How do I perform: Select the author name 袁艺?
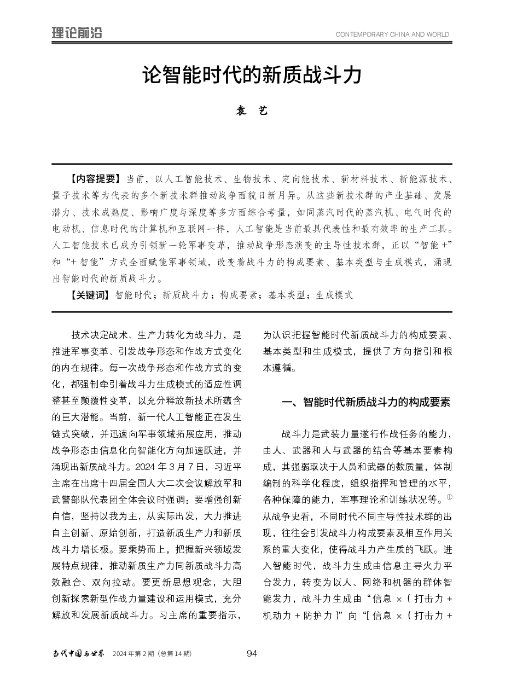click(x=252, y=111)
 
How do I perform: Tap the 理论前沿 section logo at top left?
click(x=77, y=33)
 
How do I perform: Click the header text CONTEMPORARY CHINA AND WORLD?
click(x=392, y=34)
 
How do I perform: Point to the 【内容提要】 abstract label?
click(x=94, y=179)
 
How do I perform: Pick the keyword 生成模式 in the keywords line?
click(x=334, y=295)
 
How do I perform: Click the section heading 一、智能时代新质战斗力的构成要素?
click(x=365, y=403)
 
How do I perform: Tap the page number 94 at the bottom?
click(x=252, y=653)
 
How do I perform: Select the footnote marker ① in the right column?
click(x=449, y=497)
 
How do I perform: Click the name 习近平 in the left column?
click(x=226, y=467)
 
